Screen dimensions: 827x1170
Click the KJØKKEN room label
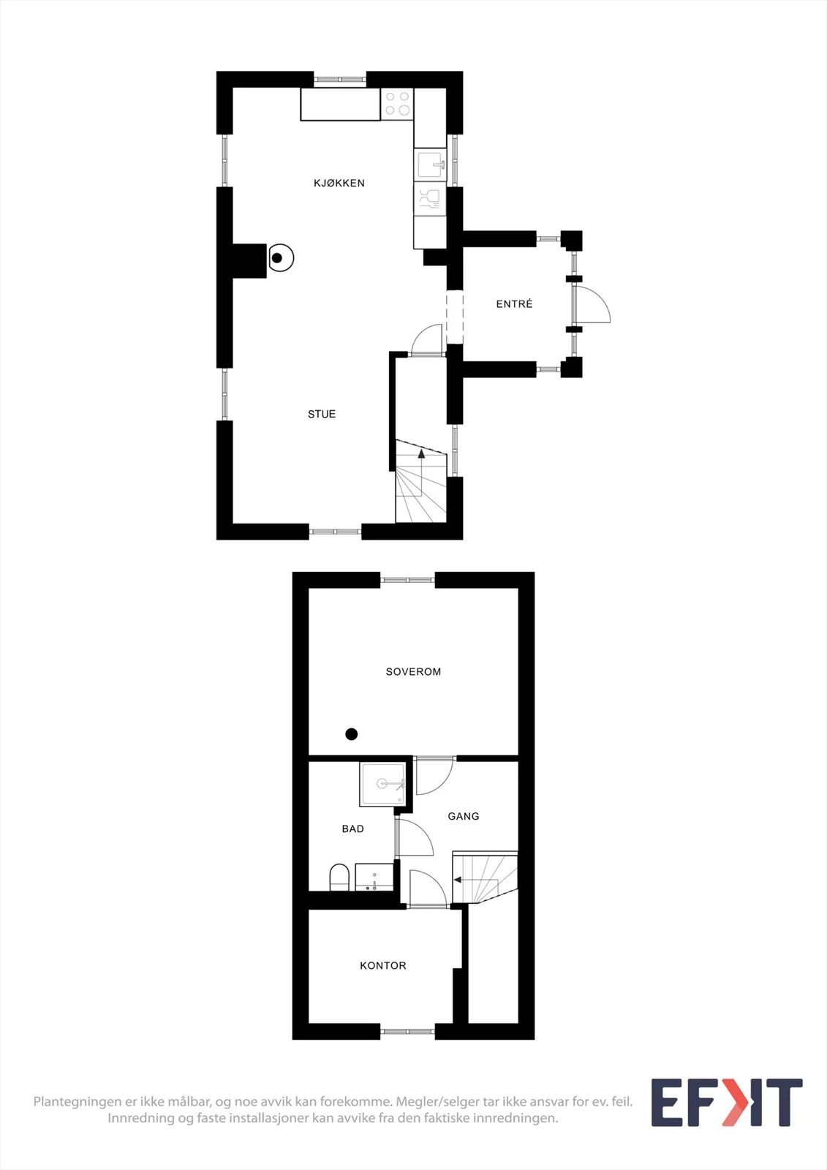pyautogui.click(x=339, y=183)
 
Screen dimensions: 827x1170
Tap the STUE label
pyautogui.click(x=322, y=414)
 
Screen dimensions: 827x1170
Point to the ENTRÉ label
pyautogui.click(x=515, y=303)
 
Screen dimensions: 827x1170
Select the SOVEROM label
pyautogui.click(x=413, y=672)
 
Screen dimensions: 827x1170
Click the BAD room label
pyautogui.click(x=353, y=829)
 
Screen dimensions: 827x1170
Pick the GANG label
pyautogui.click(x=464, y=816)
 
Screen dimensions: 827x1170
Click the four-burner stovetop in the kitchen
pyautogui.click(x=397, y=103)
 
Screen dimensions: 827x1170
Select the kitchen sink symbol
pyautogui.click(x=431, y=165)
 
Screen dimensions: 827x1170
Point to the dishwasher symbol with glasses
pyautogui.click(x=431, y=198)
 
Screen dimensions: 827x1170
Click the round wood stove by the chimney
pyautogui.click(x=281, y=258)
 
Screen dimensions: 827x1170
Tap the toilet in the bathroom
pyautogui.click(x=339, y=877)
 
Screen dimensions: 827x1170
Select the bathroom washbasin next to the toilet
pyautogui.click(x=374, y=877)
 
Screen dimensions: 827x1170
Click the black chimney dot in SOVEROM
pyautogui.click(x=352, y=734)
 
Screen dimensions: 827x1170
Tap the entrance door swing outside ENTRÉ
pyautogui.click(x=592, y=304)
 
